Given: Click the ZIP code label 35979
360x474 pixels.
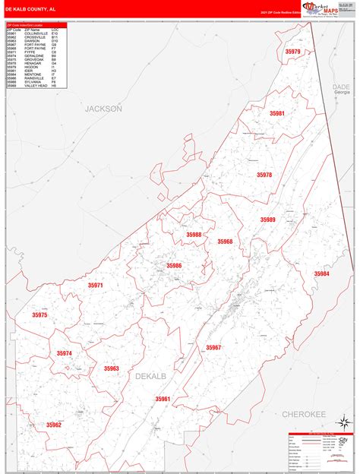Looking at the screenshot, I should coord(292,52).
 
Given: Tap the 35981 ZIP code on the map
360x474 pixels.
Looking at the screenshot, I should coord(276,113).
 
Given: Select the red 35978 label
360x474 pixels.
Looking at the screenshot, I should coord(264,175).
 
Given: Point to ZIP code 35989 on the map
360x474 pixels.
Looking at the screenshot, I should coord(268,220).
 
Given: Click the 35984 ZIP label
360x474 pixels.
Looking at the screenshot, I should coord(322,273).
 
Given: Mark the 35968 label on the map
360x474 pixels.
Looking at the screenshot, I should coord(225,242).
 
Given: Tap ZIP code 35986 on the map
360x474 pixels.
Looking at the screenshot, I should coord(174,265).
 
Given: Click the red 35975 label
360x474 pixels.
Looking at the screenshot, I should coord(39,314).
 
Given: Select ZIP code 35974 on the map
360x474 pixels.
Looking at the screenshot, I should coord(64,353).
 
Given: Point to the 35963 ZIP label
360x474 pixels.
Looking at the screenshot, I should coord(111,368).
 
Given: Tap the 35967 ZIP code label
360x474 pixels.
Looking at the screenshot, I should coord(213,347).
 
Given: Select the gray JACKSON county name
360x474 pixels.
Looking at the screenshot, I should coord(103,109).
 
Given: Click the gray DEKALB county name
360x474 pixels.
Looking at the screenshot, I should coord(150,376).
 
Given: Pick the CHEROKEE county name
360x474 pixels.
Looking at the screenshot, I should coord(303,413).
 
